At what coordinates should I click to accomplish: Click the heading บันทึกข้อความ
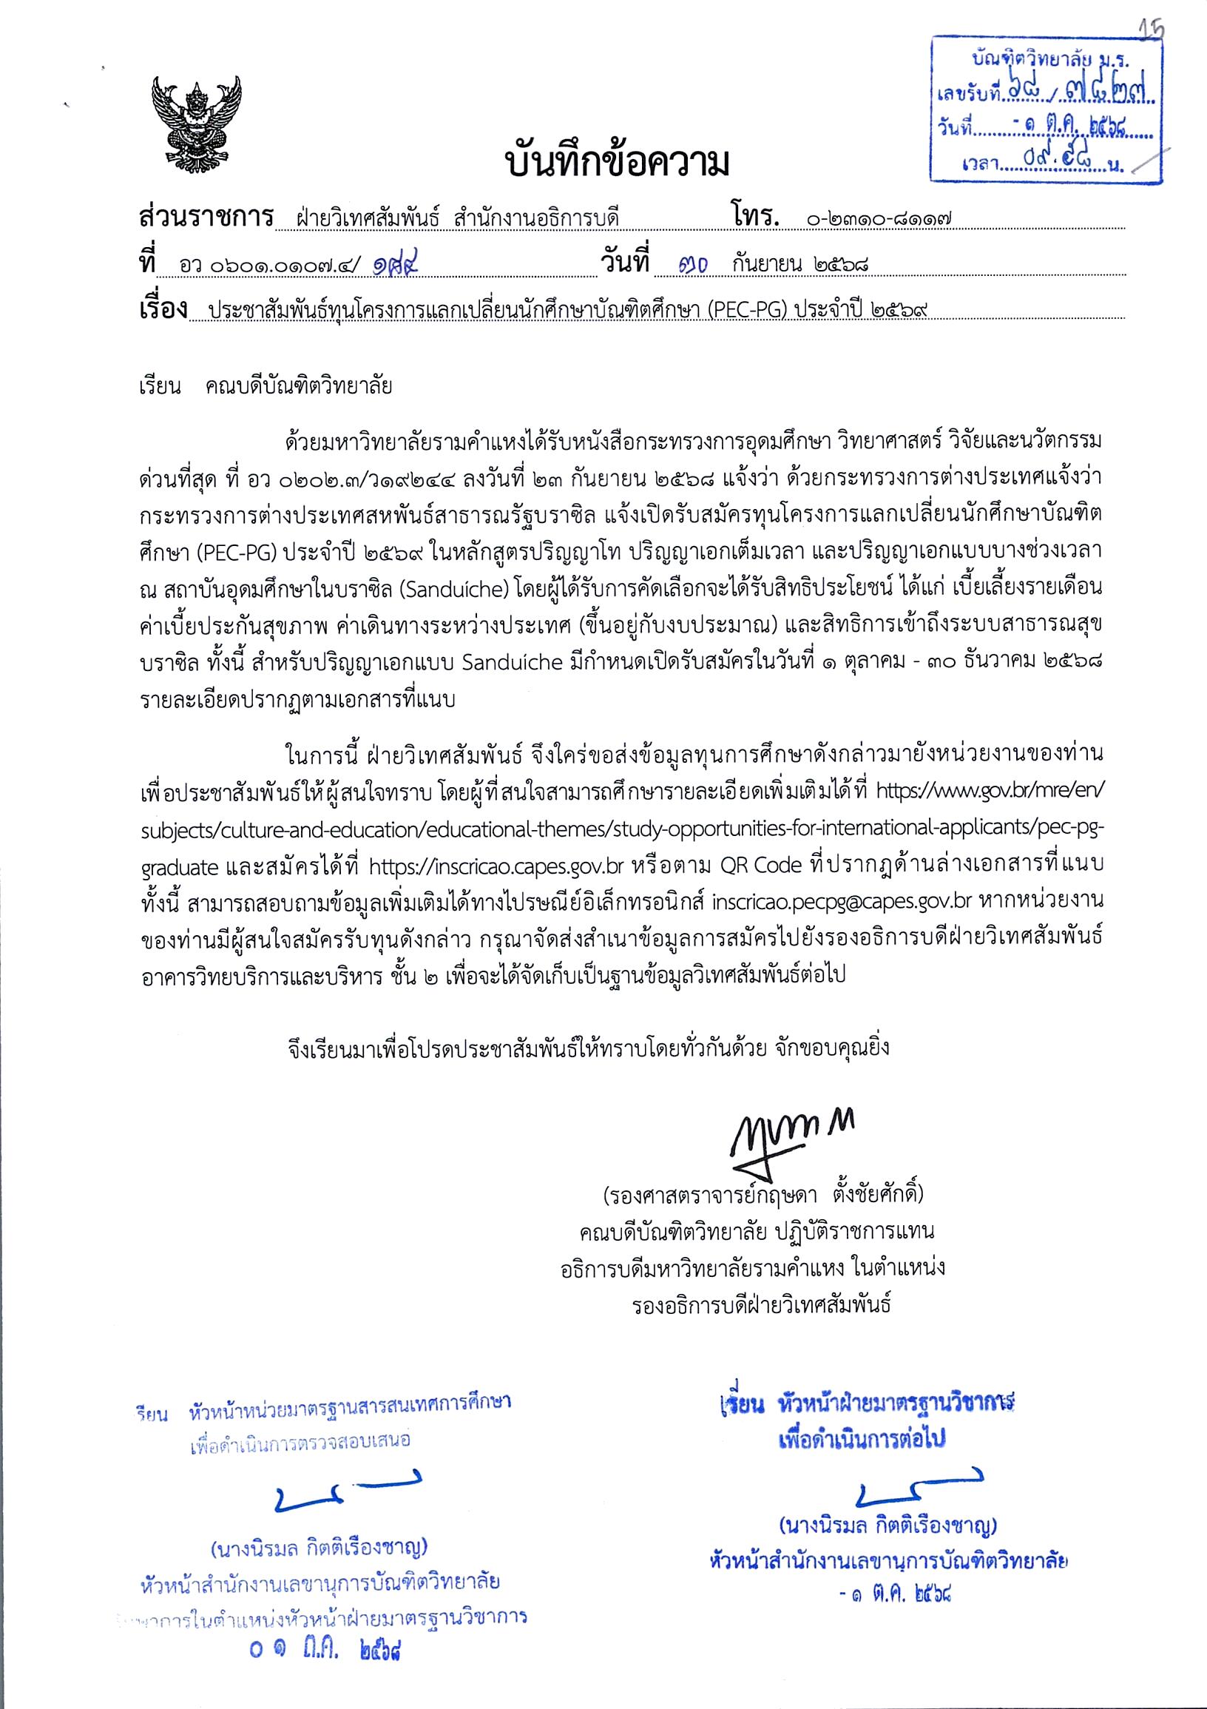(617, 162)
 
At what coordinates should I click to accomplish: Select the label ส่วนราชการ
(206, 217)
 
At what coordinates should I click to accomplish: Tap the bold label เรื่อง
(163, 309)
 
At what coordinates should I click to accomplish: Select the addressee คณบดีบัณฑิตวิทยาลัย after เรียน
(299, 386)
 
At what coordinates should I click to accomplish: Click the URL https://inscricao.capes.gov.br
(496, 866)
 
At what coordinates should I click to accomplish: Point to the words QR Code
(760, 866)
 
